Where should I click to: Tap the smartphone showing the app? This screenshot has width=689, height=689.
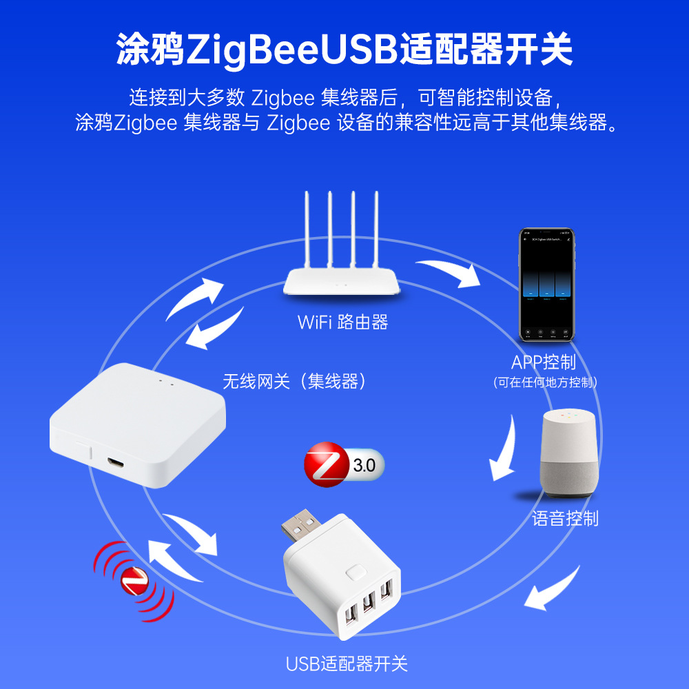point(546,286)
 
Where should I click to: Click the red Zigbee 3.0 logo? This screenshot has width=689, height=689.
point(327,466)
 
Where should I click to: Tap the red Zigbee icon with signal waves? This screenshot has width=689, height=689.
point(134,580)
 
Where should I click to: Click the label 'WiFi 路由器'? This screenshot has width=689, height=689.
point(342,322)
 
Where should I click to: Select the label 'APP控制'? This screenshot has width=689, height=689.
point(544,362)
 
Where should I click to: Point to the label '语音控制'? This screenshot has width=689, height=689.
point(565,518)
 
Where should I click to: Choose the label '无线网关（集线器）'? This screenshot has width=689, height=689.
point(294,381)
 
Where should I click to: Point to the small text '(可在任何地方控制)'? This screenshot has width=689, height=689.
point(544,382)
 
